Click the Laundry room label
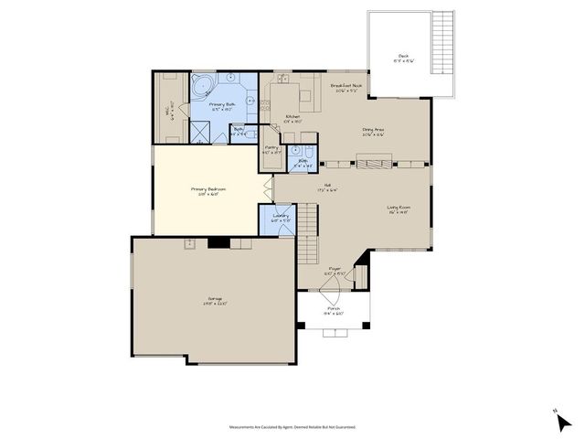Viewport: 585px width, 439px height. [x=281, y=217]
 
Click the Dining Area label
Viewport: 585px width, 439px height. [x=372, y=132]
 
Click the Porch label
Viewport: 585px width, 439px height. [x=335, y=311]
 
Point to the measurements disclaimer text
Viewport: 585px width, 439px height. [x=292, y=426]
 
